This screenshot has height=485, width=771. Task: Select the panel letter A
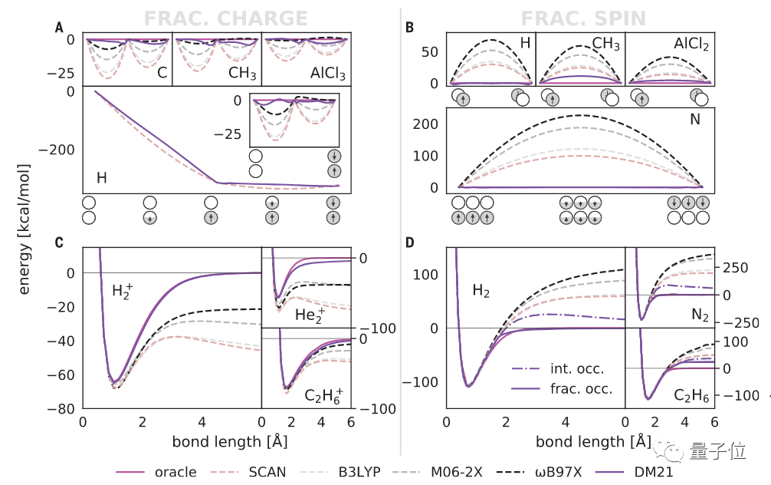point(59,28)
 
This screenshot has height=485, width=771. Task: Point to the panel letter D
point(409,243)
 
